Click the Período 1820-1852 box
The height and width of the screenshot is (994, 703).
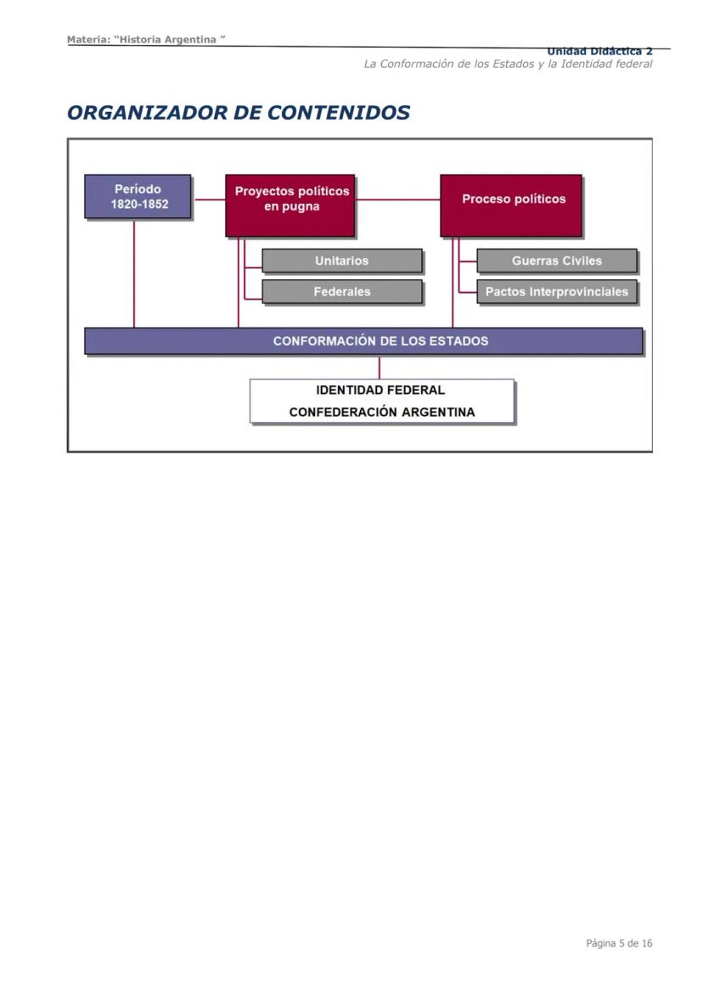[138, 196]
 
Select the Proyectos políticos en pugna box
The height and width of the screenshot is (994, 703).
[290, 205]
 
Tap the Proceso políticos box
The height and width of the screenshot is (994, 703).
[511, 205]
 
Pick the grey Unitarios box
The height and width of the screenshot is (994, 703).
[341, 261]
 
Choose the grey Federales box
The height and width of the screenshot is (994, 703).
[341, 291]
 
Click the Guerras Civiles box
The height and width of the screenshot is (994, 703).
[556, 261]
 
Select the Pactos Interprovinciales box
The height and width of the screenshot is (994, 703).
[556, 291]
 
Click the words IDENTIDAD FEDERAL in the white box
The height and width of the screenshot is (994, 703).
[380, 390]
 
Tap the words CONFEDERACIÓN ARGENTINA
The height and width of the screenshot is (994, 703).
[381, 413]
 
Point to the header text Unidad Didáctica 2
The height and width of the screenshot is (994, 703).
[599, 52]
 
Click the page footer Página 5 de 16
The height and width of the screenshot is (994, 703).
[619, 943]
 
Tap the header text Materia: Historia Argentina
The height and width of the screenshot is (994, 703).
[146, 40]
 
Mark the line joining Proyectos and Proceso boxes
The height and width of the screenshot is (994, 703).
[397, 199]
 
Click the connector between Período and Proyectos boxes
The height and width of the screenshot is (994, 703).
[209, 199]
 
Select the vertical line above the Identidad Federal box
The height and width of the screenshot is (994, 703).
[379, 367]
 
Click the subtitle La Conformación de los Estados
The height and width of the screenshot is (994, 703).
[508, 65]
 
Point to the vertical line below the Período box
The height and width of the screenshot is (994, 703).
[134, 272]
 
